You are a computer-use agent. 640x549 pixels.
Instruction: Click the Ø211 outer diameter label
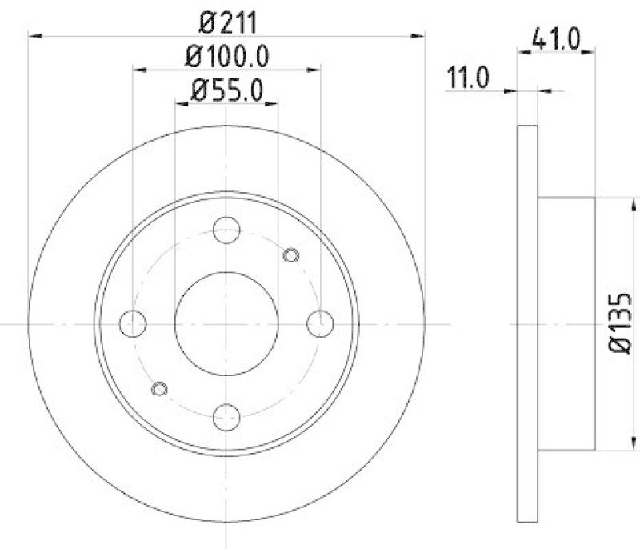coord(226,22)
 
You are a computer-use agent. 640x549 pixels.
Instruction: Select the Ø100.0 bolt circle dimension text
coord(226,57)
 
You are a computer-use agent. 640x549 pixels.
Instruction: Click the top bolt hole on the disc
coord(226,229)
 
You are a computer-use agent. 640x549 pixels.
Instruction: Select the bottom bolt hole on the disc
coord(226,417)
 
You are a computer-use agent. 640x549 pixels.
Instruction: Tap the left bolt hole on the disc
coord(132,323)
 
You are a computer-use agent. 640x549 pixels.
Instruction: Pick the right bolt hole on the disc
coord(320,323)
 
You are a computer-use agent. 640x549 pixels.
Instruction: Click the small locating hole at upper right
coord(291,256)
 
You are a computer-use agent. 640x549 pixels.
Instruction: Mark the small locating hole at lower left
coord(159,389)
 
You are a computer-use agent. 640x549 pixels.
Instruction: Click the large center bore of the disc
coord(226,323)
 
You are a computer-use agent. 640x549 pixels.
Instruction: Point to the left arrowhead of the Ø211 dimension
coord(34,35)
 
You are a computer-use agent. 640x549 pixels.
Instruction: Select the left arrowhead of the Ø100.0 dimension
coord(138,70)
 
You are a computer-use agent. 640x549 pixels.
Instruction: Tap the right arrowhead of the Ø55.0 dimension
coord(273,103)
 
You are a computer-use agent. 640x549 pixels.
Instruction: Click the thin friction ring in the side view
coord(526,323)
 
